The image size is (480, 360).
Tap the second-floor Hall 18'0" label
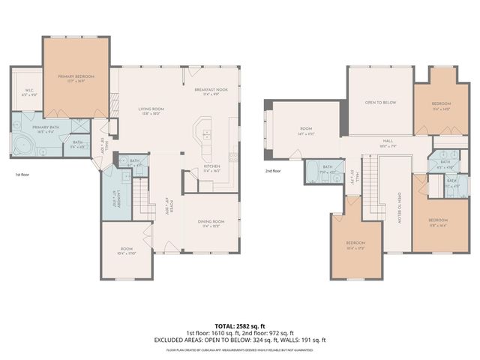pos(388,142)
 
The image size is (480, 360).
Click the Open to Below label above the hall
pos(380,103)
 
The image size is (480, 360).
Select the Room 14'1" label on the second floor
pos(306,130)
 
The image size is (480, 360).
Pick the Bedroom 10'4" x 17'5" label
pos(355,244)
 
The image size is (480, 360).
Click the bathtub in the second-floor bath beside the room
pos(310,175)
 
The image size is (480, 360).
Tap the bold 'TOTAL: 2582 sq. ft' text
pos(239,325)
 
